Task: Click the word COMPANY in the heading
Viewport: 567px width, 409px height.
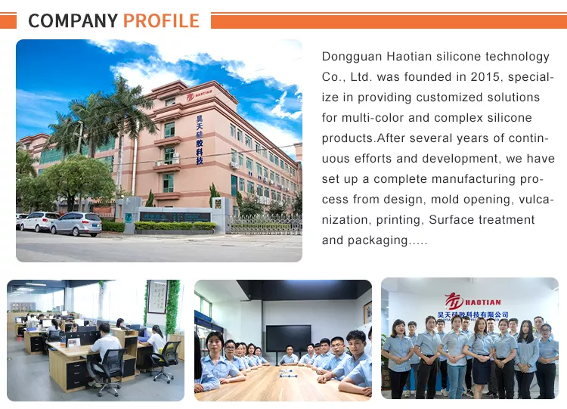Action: coord(73,20)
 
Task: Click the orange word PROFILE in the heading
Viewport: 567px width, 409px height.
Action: coord(161,20)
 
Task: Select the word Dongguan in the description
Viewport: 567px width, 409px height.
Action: coord(352,57)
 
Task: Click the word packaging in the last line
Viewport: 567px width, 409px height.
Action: coord(378,241)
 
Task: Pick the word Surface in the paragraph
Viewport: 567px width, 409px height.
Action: coord(451,219)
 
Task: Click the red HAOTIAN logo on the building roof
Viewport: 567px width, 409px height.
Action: coord(200,95)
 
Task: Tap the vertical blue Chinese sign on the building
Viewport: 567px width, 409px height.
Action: coord(200,140)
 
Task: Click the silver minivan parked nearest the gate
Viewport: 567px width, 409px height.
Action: coord(76,224)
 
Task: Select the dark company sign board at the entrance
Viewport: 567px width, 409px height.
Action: coord(175,217)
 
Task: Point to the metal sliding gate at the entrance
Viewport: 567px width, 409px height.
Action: coord(266,225)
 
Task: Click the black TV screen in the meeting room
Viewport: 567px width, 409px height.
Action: coord(288,338)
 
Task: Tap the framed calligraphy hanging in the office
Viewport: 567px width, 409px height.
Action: coord(158,296)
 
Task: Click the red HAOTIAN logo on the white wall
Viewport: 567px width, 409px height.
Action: coord(472,301)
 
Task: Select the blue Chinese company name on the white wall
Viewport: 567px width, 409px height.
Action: coord(473,314)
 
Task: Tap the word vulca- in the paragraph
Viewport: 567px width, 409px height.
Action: coord(536,200)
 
